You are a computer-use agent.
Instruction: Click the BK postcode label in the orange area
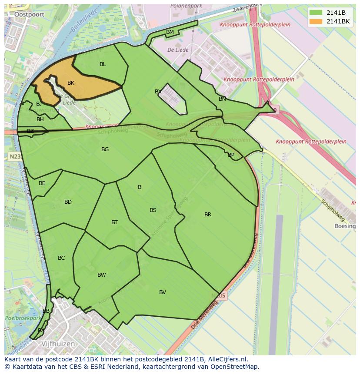click(71, 83)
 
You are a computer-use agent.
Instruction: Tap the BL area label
click(103, 64)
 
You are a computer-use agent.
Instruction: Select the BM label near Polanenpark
click(170, 32)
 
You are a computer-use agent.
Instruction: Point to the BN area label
click(222, 99)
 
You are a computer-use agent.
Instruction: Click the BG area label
click(105, 149)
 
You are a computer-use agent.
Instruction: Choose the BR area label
click(208, 215)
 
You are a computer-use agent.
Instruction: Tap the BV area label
click(163, 292)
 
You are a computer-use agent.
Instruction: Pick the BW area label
click(102, 275)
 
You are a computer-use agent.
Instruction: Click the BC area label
click(61, 258)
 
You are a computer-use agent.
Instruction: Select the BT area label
click(114, 222)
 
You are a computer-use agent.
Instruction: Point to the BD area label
click(68, 202)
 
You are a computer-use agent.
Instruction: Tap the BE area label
click(42, 183)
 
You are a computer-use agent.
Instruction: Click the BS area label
click(153, 210)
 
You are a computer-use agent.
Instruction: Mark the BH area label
click(40, 119)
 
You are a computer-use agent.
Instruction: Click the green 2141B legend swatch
click(316, 13)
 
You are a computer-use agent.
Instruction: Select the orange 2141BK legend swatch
click(316, 21)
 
